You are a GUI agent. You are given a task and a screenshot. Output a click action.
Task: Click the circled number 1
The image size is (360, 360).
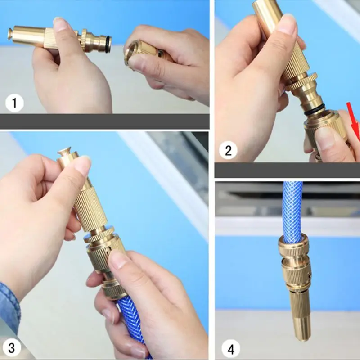(x=14, y=103)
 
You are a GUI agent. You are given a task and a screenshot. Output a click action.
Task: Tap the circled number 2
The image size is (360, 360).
(x=228, y=151)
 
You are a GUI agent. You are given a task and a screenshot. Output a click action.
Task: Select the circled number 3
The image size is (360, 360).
(x=12, y=347)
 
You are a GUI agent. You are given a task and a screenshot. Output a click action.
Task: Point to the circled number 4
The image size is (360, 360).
(x=231, y=349)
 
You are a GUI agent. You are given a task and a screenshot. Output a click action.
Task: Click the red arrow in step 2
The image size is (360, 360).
(x=354, y=123)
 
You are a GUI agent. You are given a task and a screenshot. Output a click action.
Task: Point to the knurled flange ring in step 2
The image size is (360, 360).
(x=301, y=82)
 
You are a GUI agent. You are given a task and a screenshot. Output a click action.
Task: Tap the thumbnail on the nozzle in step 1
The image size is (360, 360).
(x=61, y=25)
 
